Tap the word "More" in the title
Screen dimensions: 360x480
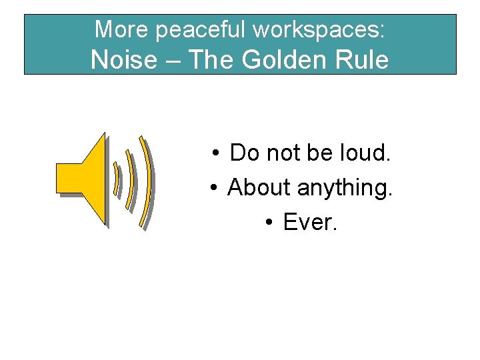click(x=113, y=29)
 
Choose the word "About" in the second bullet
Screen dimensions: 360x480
click(x=259, y=188)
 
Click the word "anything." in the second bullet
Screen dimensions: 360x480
click(x=345, y=189)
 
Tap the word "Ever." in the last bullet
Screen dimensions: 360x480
click(x=311, y=223)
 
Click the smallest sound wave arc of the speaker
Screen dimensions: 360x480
click(x=117, y=179)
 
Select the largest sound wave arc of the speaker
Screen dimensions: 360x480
click(x=145, y=181)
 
